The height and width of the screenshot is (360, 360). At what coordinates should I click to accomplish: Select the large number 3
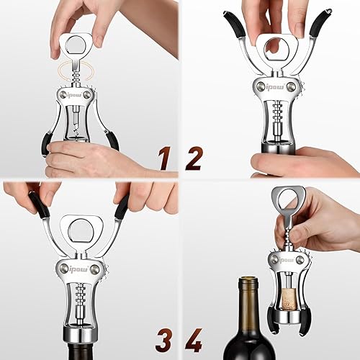[x=163, y=340]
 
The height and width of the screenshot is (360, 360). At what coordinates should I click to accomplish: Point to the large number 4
[x=194, y=340]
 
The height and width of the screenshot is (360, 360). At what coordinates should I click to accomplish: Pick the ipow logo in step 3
[x=78, y=269]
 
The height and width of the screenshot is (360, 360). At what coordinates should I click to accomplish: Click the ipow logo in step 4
[x=287, y=260]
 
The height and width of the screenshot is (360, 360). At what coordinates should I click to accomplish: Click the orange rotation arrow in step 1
[x=76, y=72]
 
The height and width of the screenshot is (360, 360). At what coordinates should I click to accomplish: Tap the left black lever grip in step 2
[x=234, y=24]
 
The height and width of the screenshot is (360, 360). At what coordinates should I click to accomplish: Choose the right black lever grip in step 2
[x=320, y=23]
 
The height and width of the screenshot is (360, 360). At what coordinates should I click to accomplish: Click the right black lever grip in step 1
[x=112, y=142]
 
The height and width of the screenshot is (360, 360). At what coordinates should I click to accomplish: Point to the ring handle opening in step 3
[x=81, y=232]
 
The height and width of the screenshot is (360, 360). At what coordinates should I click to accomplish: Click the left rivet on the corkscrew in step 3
[x=64, y=268]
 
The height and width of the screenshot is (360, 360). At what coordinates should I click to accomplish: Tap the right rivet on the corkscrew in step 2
[x=292, y=86]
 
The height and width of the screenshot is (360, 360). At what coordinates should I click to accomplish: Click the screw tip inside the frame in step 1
[x=77, y=131]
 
